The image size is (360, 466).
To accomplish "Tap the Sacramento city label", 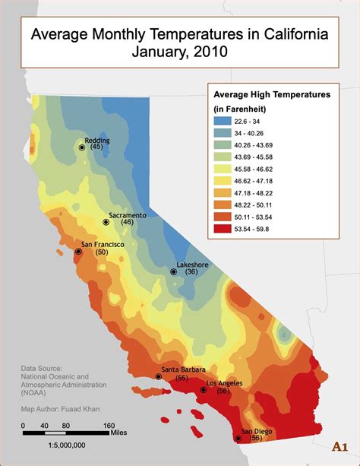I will [127, 215].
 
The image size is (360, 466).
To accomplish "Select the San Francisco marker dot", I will [77, 251].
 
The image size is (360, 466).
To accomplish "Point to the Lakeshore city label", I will [192, 264].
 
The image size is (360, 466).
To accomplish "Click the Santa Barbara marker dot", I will [159, 376].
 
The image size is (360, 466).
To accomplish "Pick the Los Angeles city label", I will [225, 382].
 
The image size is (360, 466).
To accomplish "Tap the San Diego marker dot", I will [235, 437].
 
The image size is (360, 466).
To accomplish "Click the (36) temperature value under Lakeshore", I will [191, 272].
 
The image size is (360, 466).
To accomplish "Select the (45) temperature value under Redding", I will [96, 147].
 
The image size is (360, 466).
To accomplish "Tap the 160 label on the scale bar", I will [109, 425].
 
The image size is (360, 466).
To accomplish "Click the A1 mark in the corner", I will [342, 446].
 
